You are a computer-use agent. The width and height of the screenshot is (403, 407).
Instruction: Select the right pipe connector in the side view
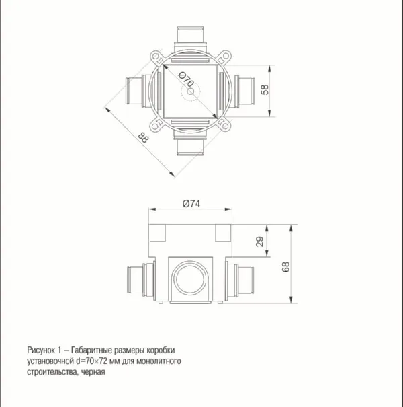coord(242,280)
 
